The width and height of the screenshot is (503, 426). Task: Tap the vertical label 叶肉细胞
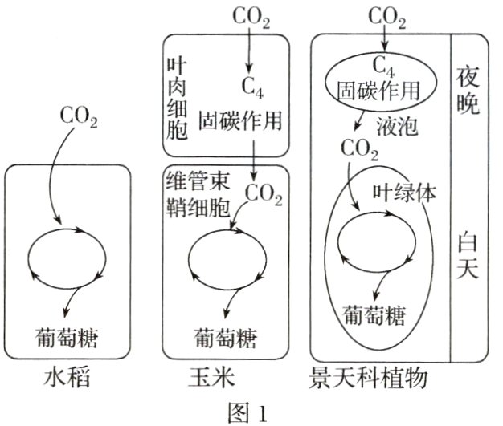[177, 95]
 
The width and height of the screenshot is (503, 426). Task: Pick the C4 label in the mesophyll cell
[249, 85]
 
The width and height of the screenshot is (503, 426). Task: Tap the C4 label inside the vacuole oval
[386, 66]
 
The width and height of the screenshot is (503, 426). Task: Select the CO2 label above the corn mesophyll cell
[251, 15]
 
